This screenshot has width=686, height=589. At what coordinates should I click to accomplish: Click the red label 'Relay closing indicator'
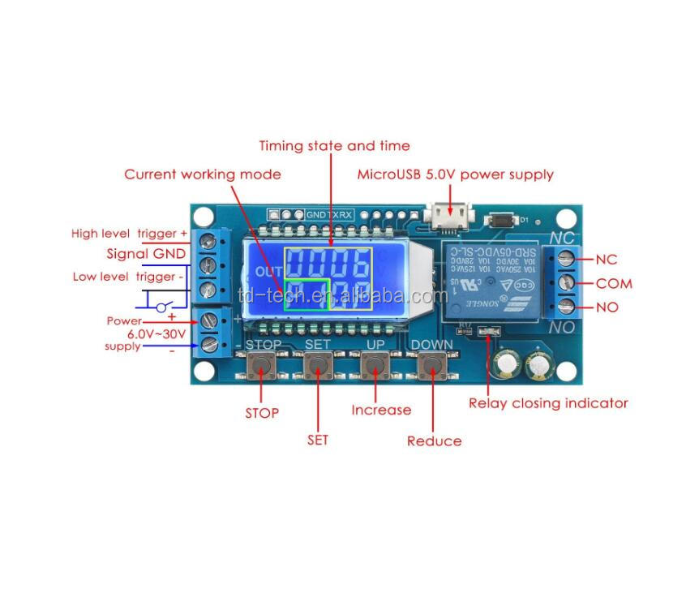tap(548, 402)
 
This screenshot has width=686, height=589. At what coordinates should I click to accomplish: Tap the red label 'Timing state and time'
tap(334, 146)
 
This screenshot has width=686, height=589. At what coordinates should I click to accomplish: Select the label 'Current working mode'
tap(203, 174)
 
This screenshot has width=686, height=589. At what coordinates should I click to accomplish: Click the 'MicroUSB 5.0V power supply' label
tap(456, 174)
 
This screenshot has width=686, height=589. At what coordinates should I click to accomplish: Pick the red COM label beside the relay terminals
tap(614, 284)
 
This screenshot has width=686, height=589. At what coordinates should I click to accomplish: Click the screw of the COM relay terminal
tap(568, 283)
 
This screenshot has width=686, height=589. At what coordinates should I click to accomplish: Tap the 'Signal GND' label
tap(147, 254)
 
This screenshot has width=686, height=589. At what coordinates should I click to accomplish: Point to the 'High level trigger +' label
tap(129, 234)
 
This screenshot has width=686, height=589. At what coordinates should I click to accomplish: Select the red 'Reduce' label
tap(435, 441)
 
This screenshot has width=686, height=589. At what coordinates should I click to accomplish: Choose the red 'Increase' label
tap(381, 410)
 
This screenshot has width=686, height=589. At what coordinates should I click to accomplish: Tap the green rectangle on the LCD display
tap(307, 295)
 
